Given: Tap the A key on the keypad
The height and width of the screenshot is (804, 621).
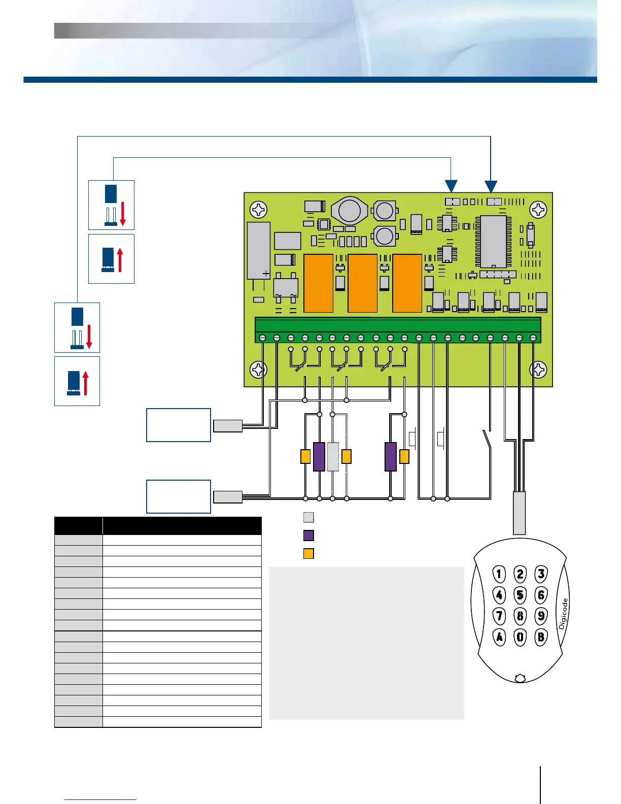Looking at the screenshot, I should [500, 636].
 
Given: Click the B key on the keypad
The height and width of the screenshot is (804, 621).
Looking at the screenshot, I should [541, 636].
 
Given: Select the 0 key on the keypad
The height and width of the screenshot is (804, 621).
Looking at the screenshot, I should [521, 636].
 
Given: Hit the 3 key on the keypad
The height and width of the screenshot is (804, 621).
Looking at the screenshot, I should [541, 574].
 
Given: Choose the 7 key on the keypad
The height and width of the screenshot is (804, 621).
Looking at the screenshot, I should [500, 616].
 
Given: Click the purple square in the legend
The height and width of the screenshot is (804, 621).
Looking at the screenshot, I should [308, 535].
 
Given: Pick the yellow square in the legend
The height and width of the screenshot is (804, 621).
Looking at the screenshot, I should [308, 553].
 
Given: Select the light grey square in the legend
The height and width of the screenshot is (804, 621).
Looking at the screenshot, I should [308, 517].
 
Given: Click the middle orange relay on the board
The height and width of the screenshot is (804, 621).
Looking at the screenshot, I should [362, 283].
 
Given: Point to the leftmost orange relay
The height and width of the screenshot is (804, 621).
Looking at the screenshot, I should [318, 283].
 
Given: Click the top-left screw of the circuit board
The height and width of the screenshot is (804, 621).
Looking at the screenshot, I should [259, 209].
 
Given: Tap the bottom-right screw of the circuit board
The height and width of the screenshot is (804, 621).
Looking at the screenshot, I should [538, 370].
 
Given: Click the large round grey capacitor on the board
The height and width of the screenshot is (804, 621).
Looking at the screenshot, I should [350, 211].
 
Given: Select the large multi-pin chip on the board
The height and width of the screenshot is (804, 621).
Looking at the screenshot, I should [493, 242].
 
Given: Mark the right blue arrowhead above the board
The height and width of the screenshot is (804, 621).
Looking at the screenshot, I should [491, 187].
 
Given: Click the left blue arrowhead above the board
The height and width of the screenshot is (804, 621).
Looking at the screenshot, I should [451, 187].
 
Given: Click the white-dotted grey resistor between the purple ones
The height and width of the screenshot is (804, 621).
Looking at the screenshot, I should [333, 456].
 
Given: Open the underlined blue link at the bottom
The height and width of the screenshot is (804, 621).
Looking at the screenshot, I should [100, 799].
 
